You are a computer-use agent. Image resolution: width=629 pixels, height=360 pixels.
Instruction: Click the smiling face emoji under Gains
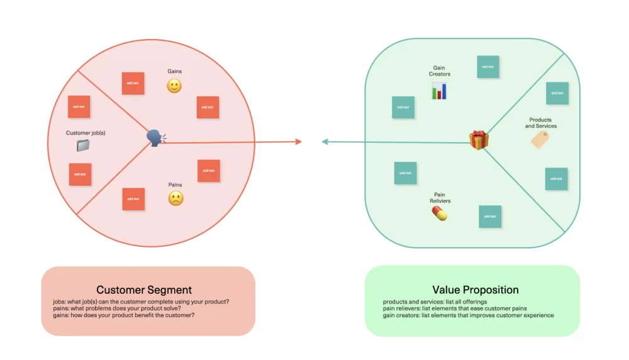coord(174,86)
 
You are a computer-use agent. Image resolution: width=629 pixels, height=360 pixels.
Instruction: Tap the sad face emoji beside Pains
coord(175,199)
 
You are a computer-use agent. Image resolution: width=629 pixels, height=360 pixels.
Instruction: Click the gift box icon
coord(479,140)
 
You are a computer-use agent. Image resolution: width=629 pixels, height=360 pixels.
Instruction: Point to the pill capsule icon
coord(439,214)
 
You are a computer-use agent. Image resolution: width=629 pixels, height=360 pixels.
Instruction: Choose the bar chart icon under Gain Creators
coord(439,91)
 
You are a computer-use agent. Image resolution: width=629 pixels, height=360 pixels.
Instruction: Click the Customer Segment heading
coord(144,290)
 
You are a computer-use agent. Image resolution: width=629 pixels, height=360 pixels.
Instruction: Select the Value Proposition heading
coord(476,290)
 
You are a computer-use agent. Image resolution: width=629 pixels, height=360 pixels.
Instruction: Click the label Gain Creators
coord(440,71)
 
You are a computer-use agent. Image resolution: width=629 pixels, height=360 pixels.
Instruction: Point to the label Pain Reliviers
coord(440,198)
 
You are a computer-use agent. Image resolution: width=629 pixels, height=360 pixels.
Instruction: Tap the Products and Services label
coord(541,123)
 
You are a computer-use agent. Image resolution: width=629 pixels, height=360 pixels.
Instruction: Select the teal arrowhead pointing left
coord(325,142)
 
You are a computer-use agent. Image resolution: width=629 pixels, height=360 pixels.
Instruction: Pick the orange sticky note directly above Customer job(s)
coord(79,106)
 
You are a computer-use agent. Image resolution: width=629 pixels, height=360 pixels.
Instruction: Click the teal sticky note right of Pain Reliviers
coord(490,217)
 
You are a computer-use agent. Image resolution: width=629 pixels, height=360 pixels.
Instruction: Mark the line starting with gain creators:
coord(468,315)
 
